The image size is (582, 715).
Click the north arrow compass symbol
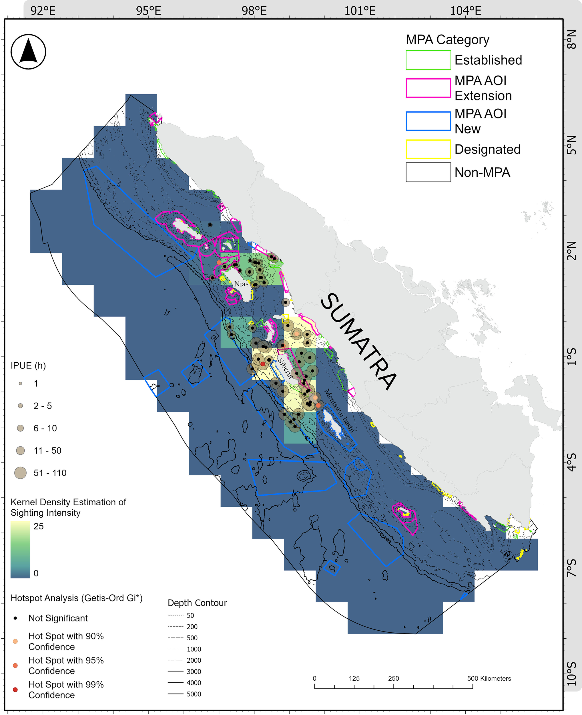click(28, 52)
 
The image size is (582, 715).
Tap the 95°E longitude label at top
click(149, 11)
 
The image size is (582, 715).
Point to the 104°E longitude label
click(465, 11)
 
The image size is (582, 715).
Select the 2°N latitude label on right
click(572, 251)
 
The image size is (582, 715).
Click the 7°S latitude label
click(572, 568)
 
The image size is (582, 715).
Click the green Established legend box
click(428, 60)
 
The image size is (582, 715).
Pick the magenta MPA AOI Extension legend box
click(428, 88)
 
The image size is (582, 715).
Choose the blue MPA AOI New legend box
click(428, 121)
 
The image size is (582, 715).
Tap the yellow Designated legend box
click(428, 149)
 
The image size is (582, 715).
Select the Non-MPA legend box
click(428, 172)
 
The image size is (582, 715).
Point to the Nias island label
click(241, 284)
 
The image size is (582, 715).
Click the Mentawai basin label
click(339, 410)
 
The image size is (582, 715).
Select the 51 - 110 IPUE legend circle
click(21, 473)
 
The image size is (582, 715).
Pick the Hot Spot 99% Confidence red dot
click(15, 690)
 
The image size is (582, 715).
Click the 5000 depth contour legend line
click(175, 694)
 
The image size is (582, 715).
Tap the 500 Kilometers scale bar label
click(489, 678)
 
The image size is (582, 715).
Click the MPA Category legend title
click(447, 39)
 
